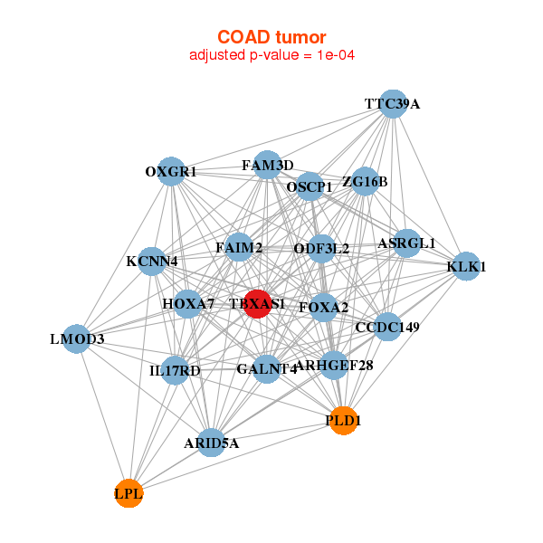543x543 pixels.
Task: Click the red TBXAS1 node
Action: [257, 304]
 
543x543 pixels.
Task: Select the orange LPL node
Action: [129, 493]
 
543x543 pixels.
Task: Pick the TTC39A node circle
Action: [392, 103]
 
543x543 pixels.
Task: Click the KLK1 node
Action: [466, 266]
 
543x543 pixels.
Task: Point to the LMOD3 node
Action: [77, 339]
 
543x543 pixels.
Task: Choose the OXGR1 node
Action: [171, 171]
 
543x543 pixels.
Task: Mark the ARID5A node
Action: [211, 443]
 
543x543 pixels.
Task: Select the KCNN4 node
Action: [152, 262]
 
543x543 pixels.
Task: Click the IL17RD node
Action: [176, 370]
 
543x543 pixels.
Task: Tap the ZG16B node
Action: [365, 182]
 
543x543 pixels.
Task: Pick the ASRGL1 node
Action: [406, 243]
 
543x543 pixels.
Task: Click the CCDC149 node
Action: [387, 327]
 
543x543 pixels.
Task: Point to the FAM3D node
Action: [267, 165]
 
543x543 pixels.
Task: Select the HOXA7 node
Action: [188, 303]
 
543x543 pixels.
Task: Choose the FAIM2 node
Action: [239, 247]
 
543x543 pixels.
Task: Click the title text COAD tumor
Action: [271, 37]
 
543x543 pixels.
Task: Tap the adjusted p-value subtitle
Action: [271, 55]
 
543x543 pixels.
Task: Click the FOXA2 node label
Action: [323, 308]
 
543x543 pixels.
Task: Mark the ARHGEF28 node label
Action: [334, 366]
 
